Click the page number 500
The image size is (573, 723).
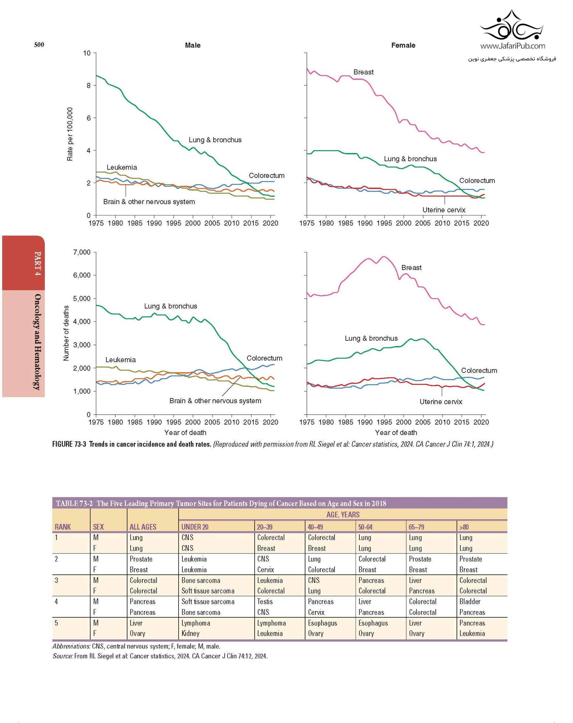(39, 45)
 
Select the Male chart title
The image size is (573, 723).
(193, 45)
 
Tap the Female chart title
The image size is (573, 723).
(403, 45)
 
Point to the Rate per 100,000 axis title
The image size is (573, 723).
(70, 134)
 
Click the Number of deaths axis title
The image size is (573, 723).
(66, 333)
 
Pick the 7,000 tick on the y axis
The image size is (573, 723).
(82, 252)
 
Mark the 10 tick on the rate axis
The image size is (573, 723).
(87, 53)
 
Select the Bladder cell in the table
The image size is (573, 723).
(470, 601)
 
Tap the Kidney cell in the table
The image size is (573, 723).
(190, 633)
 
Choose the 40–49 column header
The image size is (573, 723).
(315, 527)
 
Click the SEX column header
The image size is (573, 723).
(98, 527)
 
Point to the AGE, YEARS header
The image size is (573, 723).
(343, 515)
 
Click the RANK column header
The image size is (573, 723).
(63, 527)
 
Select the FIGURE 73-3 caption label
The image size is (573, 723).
(69, 444)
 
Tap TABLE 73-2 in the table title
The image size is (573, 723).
(74, 503)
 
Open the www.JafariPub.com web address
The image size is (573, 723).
(513, 46)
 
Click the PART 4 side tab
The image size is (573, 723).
(38, 263)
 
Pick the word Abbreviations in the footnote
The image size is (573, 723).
(71, 646)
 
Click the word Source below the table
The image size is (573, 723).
(62, 656)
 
